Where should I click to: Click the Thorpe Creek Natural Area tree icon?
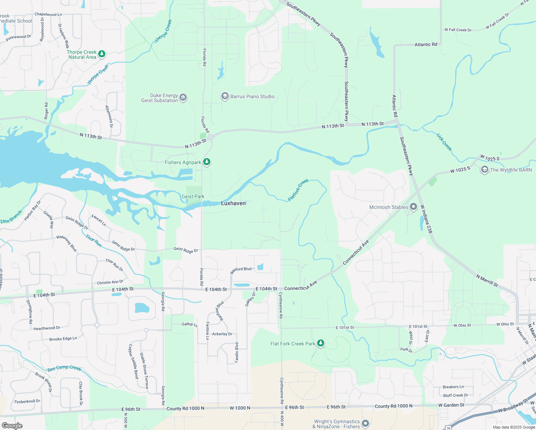[x=102, y=54]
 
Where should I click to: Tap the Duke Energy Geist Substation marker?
[x=183, y=98]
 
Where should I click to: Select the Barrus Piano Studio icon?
[x=225, y=96]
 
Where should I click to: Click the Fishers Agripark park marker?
[x=206, y=162]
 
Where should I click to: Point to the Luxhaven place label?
[x=233, y=203]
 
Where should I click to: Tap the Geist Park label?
[x=193, y=196]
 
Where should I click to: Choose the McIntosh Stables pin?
[x=413, y=207]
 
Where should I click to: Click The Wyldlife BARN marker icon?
[x=484, y=170]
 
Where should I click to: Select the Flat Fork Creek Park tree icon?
[x=321, y=343]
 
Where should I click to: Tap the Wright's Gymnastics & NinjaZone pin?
[x=365, y=424]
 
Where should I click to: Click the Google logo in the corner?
[x=12, y=425]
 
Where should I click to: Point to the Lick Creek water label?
[x=444, y=142]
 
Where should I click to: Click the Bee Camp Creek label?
[x=64, y=368]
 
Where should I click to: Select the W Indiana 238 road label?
[x=426, y=219]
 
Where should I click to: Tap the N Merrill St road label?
[x=487, y=281]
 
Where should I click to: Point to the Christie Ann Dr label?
[x=110, y=282]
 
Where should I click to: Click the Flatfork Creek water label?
[x=298, y=190]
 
